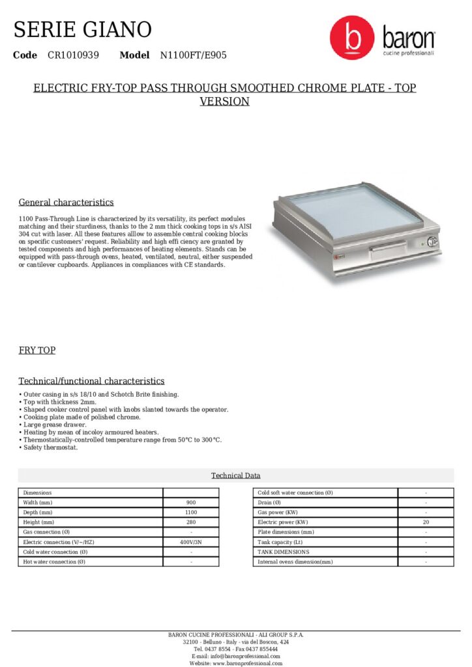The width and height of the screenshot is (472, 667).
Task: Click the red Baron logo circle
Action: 352,38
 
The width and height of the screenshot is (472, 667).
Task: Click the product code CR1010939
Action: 73,55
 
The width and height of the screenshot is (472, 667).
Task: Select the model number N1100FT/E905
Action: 194,55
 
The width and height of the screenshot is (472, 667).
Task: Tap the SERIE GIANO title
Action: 83,29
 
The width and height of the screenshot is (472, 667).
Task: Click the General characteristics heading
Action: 66,202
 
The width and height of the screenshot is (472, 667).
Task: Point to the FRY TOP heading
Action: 37,350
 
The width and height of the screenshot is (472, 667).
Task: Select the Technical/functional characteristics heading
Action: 91,381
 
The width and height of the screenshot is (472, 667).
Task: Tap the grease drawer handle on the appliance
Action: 387,249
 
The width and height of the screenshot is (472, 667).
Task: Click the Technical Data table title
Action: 235,475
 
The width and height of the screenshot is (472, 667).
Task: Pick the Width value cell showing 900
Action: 191,503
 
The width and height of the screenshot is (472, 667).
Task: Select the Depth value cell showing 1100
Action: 191,513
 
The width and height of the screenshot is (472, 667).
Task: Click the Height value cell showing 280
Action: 191,522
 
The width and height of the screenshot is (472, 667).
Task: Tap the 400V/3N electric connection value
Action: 191,542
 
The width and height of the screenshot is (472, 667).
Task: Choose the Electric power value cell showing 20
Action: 426,522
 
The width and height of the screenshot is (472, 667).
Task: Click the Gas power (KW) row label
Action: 278,513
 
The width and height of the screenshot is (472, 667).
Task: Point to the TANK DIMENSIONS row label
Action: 284,552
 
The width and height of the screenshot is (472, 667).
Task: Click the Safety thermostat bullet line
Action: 50,447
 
